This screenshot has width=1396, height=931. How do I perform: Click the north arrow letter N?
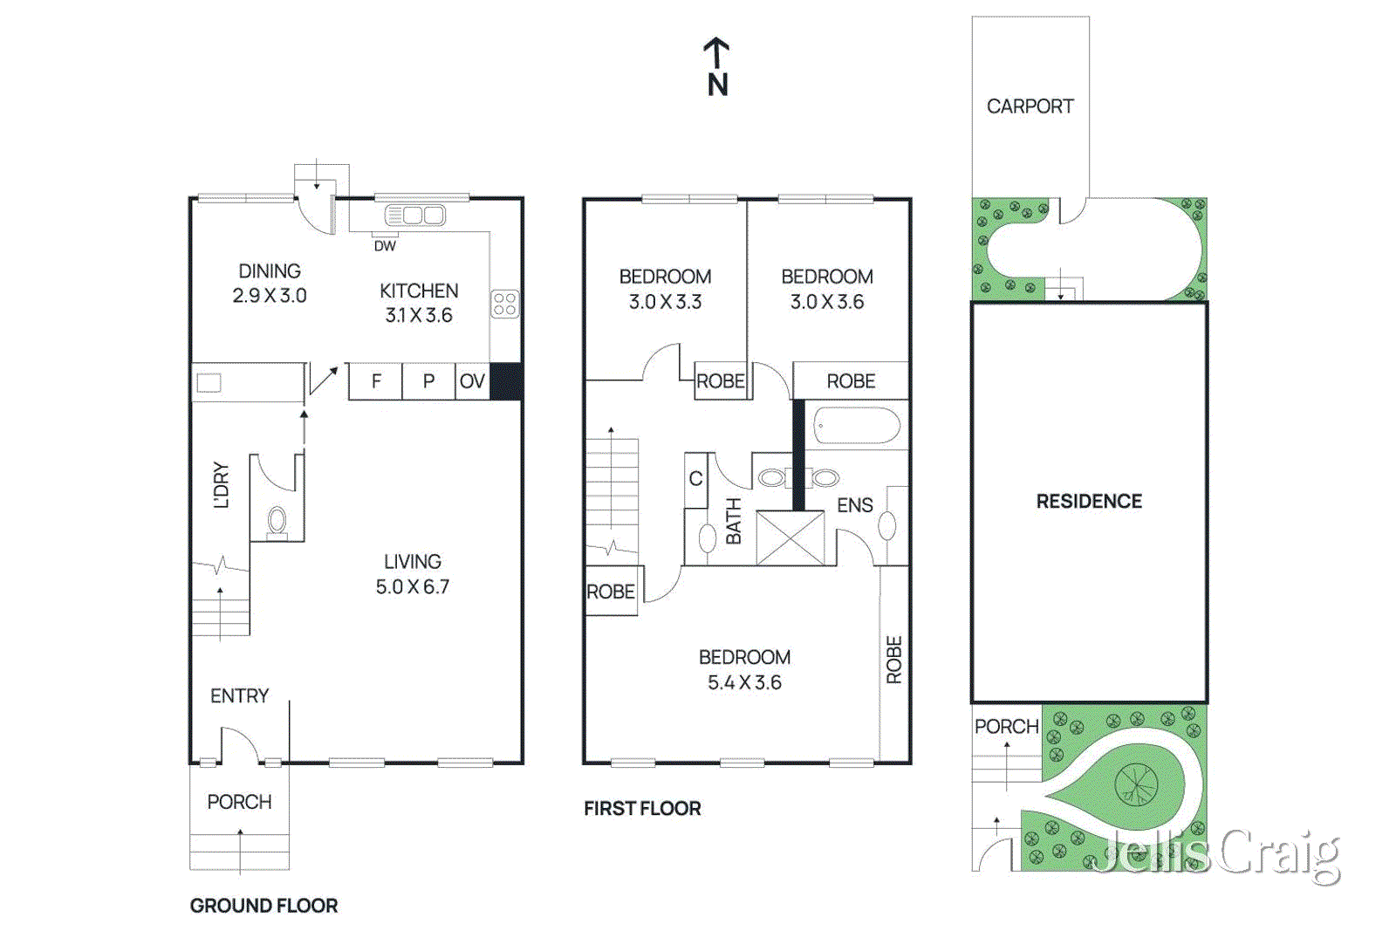coord(717,85)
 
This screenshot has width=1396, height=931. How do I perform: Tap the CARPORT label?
coord(1030,106)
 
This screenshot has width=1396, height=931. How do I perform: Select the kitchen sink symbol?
coord(415,216)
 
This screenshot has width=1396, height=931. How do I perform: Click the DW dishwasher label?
coord(385,246)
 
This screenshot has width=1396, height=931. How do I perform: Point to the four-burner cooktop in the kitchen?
coord(504,304)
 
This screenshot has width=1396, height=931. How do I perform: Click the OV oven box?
coord(472,381)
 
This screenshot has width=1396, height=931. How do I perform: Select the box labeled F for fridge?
coord(376,381)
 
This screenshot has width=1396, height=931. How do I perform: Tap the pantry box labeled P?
coord(428,381)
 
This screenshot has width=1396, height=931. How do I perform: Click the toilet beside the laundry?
coord(277,521)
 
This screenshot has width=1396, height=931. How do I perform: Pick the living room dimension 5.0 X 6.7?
coord(412,587)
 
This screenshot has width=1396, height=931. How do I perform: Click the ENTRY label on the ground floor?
coord(239,696)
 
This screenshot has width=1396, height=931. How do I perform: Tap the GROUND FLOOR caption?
coord(263,906)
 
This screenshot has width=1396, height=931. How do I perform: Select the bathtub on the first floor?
coord(856,426)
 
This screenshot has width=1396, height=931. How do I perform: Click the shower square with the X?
coord(790,538)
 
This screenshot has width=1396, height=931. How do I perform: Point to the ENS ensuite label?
coord(854,505)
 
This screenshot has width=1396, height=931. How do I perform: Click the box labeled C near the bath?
coord(695,479)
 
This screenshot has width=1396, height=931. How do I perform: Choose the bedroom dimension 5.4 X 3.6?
coord(744,682)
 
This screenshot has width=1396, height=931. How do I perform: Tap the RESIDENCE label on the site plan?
coord(1089,502)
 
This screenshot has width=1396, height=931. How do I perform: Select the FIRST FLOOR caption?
coord(642,809)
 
